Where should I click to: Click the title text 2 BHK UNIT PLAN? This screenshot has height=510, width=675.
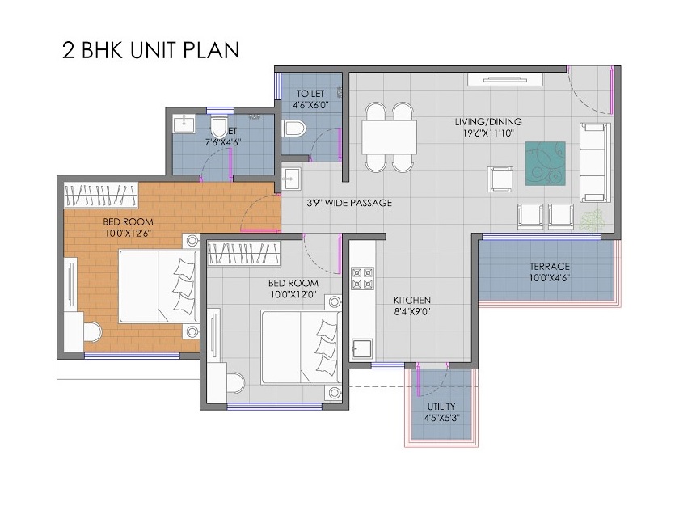(x=150, y=50)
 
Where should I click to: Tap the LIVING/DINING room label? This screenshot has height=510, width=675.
(x=484, y=122)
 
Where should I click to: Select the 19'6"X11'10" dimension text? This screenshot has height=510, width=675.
(x=484, y=133)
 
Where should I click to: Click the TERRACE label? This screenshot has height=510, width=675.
(x=550, y=266)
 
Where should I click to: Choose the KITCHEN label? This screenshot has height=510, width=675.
(x=412, y=299)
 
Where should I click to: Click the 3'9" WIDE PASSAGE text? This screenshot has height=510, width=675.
(x=349, y=203)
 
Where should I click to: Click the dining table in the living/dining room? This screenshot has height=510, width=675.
(x=389, y=137)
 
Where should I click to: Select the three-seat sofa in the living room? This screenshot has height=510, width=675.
(x=596, y=163)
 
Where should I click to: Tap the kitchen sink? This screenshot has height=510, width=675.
(x=362, y=348)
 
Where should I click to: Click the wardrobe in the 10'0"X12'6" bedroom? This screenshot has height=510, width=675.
(x=102, y=195)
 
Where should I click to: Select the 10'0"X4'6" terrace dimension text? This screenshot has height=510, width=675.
(x=550, y=279)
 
